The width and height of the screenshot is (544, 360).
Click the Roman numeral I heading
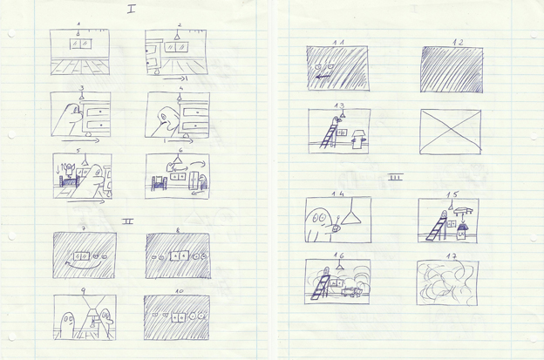(131, 10)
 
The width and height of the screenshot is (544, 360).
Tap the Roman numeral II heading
(127, 221)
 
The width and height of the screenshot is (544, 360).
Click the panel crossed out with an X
(450, 132)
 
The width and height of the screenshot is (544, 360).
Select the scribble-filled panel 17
(447, 282)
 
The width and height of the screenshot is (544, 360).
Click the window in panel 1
(80, 44)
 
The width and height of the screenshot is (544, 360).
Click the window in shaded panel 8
(178, 258)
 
